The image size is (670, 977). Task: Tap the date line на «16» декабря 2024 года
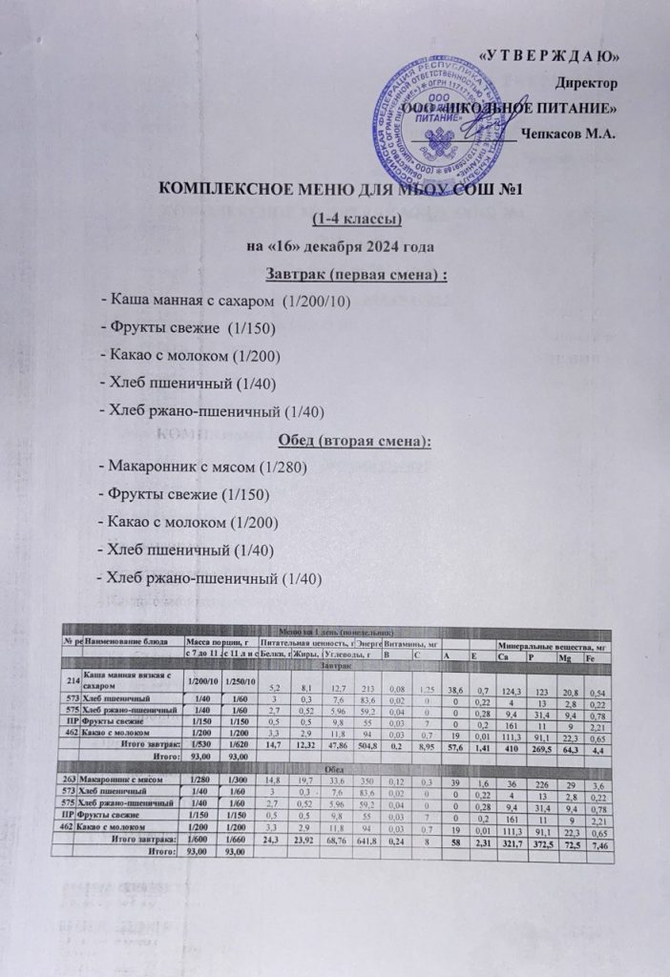point(341,248)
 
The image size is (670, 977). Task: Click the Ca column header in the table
point(504,657)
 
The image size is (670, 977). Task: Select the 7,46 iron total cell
point(600,842)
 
